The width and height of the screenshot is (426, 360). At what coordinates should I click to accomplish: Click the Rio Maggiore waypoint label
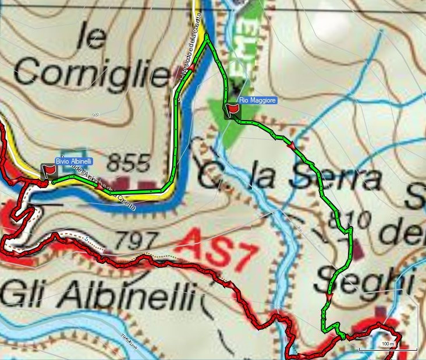click(x=257, y=100)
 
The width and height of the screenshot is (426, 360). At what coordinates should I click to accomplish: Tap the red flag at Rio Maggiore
click(x=233, y=108)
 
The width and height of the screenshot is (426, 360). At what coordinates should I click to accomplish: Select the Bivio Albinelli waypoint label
click(x=72, y=161)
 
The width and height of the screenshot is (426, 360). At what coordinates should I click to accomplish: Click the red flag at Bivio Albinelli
click(x=49, y=171)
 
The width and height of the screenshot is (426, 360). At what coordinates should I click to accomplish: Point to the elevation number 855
click(x=129, y=163)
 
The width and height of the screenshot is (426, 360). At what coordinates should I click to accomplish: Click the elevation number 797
click(x=136, y=239)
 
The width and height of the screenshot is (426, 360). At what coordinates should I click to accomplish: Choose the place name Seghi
click(x=364, y=281)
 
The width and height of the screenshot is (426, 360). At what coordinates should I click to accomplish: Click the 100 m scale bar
click(x=388, y=348)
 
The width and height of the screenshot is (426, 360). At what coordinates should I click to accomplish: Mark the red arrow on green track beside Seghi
click(x=329, y=298)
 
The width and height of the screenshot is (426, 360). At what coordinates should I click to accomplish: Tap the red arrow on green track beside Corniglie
click(x=191, y=68)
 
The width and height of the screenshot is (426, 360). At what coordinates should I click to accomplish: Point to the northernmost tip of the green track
click(x=207, y=36)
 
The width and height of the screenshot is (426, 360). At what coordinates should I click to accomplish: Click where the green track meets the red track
click(x=342, y=337)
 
